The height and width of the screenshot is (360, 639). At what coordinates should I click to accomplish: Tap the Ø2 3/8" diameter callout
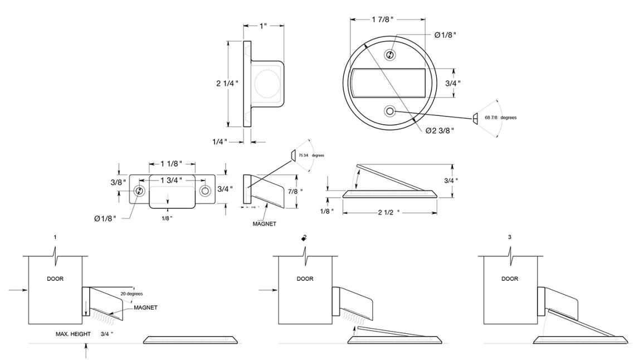pyautogui.click(x=438, y=130)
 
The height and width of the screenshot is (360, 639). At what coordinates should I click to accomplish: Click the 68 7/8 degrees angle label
pyautogui.click(x=500, y=118)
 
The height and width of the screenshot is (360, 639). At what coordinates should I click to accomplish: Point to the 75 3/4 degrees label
pyautogui.click(x=311, y=155)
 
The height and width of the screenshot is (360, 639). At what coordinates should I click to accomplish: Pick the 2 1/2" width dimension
pyautogui.click(x=389, y=212)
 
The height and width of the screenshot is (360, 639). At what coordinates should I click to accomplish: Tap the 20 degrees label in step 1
pyautogui.click(x=131, y=293)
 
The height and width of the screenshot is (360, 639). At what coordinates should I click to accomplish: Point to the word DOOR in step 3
pyautogui.click(x=510, y=279)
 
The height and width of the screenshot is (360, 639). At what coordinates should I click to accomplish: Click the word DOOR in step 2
pyautogui.click(x=305, y=279)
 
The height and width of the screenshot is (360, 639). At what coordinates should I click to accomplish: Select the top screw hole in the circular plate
pyautogui.click(x=391, y=55)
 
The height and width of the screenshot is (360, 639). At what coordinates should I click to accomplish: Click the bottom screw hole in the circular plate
pyautogui.click(x=391, y=111)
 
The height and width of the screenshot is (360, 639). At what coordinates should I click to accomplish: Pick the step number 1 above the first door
pyautogui.click(x=55, y=237)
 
